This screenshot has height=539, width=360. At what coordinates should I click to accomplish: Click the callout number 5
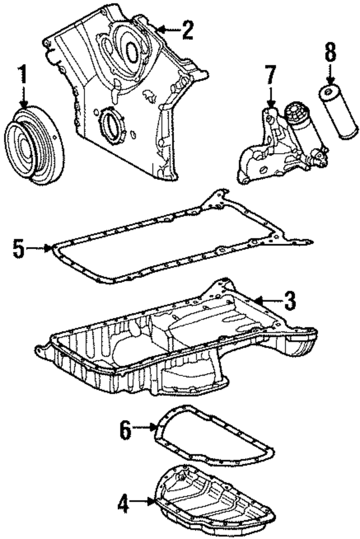coord(19,248)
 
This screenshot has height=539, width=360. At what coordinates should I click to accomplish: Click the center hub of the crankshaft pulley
coord(25,148)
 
